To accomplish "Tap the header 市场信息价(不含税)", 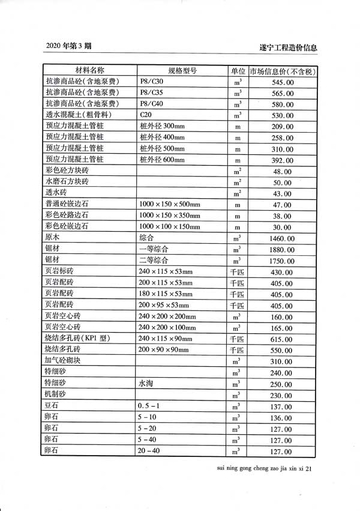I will click(x=283, y=71).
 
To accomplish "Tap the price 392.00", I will click(x=283, y=160).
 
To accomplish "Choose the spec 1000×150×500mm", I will click(x=169, y=205).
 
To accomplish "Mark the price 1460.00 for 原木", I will click(x=283, y=238).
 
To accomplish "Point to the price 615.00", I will click(x=283, y=339).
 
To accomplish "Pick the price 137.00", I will click(x=283, y=407).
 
